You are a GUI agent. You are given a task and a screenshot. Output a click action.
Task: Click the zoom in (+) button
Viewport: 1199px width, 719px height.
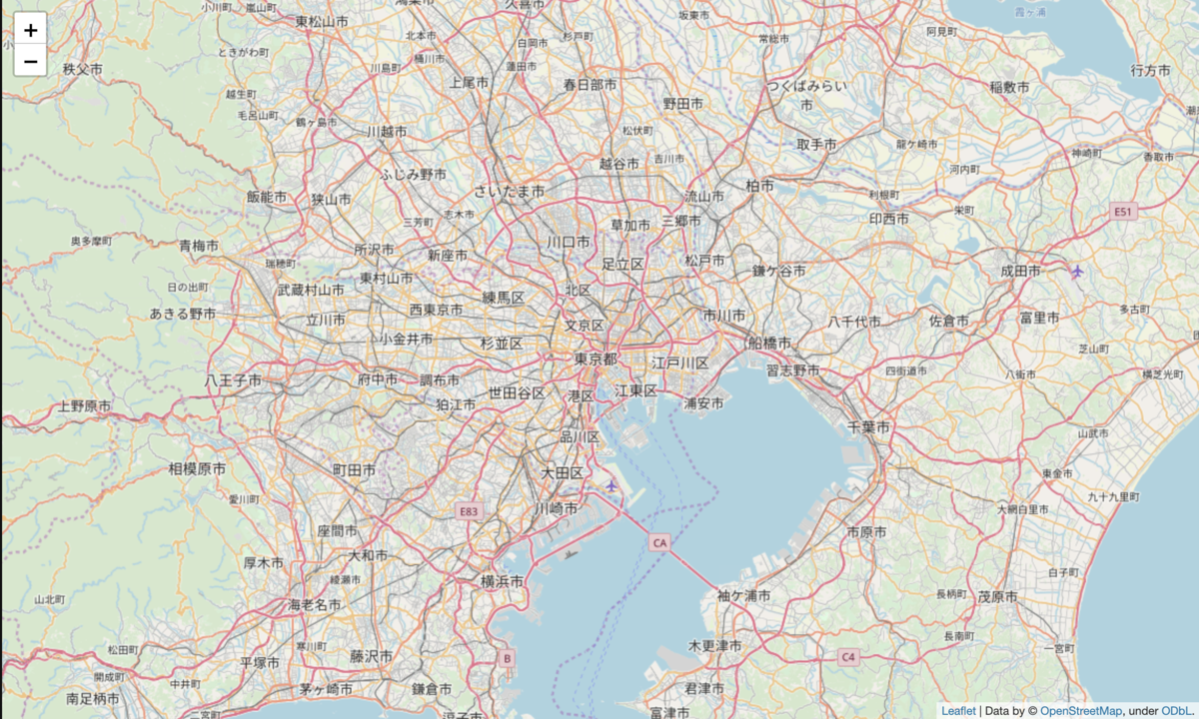click(30, 30)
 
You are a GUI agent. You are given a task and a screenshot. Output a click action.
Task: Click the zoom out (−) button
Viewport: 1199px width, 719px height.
click(30, 62)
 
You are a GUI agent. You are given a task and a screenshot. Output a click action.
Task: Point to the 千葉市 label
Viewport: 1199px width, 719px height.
click(868, 426)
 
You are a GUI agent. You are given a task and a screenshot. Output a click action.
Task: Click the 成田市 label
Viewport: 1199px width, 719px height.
click(1021, 271)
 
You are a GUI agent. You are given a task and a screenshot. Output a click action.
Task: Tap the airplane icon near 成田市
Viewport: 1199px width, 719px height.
click(1077, 271)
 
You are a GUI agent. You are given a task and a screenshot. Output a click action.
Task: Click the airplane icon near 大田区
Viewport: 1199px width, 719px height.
click(611, 485)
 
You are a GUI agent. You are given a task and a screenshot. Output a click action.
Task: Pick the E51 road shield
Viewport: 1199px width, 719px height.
click(1125, 212)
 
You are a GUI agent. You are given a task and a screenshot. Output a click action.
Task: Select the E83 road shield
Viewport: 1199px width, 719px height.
click(470, 511)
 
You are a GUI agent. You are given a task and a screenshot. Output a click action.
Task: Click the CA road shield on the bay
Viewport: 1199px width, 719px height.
click(658, 543)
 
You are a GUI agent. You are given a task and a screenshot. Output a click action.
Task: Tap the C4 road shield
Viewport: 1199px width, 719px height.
click(848, 657)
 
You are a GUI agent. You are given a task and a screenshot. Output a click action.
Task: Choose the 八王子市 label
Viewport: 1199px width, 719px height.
click(233, 380)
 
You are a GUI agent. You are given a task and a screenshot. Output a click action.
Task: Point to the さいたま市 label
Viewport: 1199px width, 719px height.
click(510, 191)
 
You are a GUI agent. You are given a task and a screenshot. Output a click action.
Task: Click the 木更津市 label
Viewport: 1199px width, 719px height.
click(715, 646)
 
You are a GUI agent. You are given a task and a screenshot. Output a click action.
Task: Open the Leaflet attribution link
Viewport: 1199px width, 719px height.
click(959, 710)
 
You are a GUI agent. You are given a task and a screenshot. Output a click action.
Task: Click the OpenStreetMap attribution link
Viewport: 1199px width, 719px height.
click(1081, 710)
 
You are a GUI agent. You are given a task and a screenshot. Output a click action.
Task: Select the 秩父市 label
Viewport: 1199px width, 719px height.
click(83, 69)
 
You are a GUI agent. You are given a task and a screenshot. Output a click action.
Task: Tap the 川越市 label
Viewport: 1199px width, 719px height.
click(387, 132)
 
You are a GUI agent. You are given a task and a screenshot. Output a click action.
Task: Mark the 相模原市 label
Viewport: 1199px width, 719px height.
click(197, 468)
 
